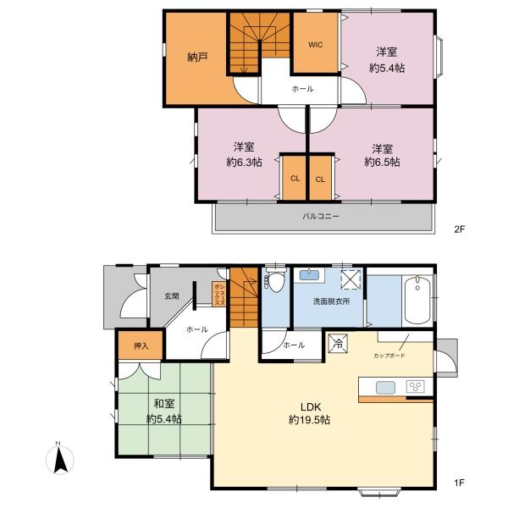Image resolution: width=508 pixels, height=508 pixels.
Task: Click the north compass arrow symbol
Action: pos(60,460)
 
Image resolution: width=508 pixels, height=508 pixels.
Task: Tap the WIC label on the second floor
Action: pos(315,45)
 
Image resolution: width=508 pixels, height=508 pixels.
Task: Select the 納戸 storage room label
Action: pos(197,58)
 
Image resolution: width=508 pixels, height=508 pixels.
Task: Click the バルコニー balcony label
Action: pos(321,216)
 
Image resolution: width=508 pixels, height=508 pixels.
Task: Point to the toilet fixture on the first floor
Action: pos(275,279)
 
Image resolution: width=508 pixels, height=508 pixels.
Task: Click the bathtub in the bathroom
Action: pos(418,300)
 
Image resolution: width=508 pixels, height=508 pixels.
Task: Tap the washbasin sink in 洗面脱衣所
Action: pos(310,275)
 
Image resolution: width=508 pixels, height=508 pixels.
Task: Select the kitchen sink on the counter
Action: pos(385,388)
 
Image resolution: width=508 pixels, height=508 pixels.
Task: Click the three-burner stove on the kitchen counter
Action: pos(416,387)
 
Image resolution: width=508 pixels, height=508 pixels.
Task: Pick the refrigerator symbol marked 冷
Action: pos(338,343)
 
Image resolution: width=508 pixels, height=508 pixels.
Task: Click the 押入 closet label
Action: pos(141,345)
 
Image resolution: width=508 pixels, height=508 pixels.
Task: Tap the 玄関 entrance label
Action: pos(172,295)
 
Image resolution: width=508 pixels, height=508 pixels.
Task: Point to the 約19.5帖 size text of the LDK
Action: pos(309,420)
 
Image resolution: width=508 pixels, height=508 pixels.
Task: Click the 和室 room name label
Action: pos(164,404)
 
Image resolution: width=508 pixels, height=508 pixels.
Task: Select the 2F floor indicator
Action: pos(460,229)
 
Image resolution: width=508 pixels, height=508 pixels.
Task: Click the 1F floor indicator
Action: pos(460,483)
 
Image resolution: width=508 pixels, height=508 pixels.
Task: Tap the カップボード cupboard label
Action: pos(389,356)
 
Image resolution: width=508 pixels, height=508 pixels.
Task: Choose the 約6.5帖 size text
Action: pos(383,162)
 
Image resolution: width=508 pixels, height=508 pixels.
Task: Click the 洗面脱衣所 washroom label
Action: pos(331,301)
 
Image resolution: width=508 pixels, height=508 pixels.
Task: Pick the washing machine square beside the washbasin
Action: pos(351,279)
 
